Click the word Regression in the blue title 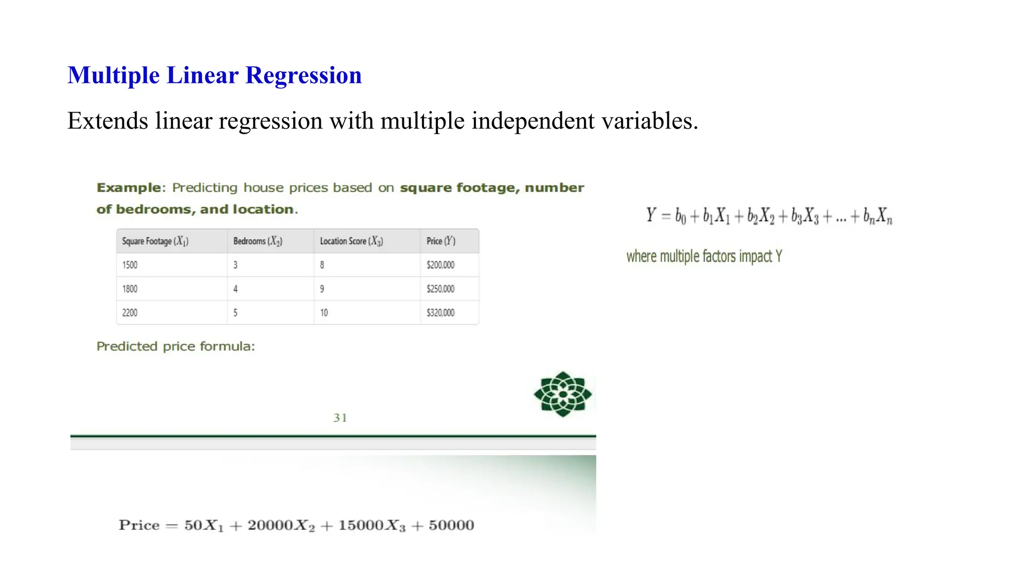(x=303, y=76)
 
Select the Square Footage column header (x=155, y=241)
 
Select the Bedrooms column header (x=258, y=241)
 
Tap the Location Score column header (x=351, y=241)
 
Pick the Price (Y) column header (x=441, y=241)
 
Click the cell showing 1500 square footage (x=130, y=265)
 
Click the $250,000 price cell (x=440, y=289)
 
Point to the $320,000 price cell (x=440, y=313)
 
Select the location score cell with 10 (x=324, y=313)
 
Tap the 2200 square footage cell (x=130, y=313)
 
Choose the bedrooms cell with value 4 (x=235, y=289)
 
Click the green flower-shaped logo (x=562, y=394)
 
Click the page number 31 (x=340, y=418)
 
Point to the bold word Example (x=128, y=188)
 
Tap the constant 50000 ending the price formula (x=451, y=525)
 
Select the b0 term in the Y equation (x=680, y=216)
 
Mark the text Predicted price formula (x=176, y=346)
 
